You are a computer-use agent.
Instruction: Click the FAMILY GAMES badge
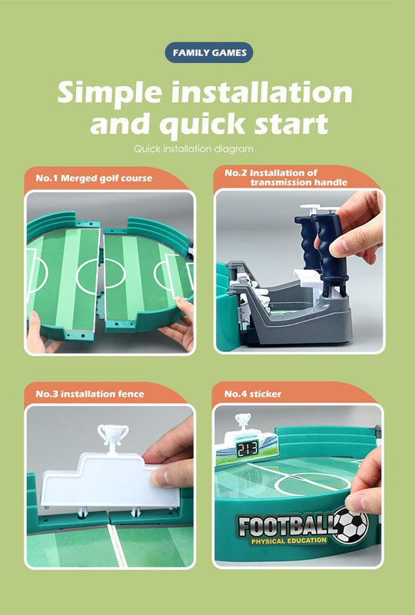(x=208, y=52)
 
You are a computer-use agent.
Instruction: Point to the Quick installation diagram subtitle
(x=193, y=148)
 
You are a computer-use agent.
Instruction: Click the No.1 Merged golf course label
(x=94, y=178)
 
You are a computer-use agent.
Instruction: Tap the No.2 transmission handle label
(x=286, y=178)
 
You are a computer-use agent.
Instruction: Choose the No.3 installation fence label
(x=90, y=394)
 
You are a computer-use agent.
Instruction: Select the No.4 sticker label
(x=253, y=394)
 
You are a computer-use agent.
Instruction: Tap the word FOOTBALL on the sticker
(x=284, y=526)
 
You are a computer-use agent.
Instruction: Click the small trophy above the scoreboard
(x=244, y=421)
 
